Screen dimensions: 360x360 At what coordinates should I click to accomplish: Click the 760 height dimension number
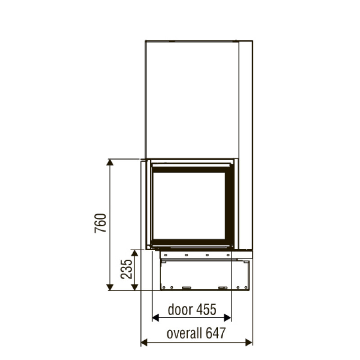(x=100, y=223)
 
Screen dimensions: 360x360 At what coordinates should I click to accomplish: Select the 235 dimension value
(x=126, y=269)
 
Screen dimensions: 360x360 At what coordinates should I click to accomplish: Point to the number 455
(x=207, y=310)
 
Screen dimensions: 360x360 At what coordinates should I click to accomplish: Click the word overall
(x=184, y=333)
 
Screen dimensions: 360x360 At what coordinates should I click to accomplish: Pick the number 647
(x=216, y=333)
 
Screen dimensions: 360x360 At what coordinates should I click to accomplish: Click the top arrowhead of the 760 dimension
(x=110, y=162)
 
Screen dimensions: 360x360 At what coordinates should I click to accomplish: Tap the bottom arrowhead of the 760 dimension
(x=110, y=287)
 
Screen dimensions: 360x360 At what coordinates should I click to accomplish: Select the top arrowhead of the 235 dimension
(x=135, y=253)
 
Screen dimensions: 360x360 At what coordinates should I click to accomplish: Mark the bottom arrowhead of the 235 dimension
(x=135, y=287)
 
